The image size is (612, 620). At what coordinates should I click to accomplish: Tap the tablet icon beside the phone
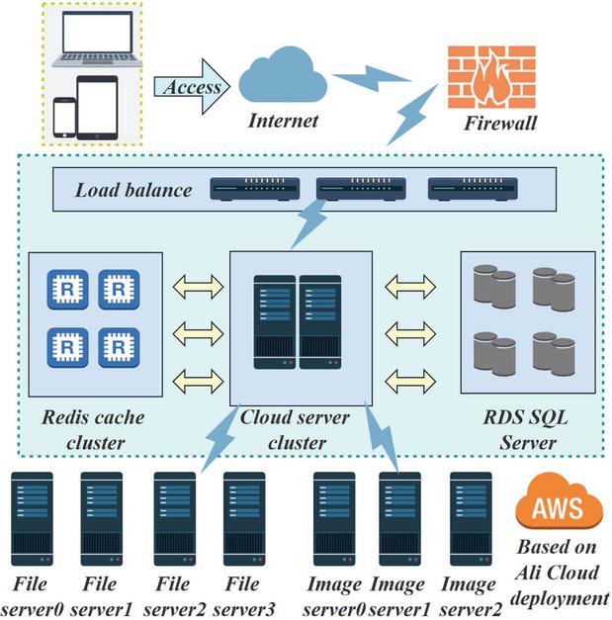pyautogui.click(x=96, y=107)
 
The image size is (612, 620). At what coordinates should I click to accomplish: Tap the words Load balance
pyautogui.click(x=133, y=189)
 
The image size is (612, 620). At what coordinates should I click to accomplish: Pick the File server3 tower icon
pyautogui.click(x=244, y=519)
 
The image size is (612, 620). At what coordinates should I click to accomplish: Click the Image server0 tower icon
pyautogui.click(x=333, y=519)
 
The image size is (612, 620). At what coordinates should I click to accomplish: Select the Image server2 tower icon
pyautogui.click(x=471, y=519)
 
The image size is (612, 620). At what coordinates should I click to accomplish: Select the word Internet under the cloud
pyautogui.click(x=285, y=122)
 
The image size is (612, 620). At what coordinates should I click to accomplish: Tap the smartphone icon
pyautogui.click(x=65, y=118)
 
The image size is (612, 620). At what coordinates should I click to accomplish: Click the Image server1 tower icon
pyautogui.click(x=399, y=519)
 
